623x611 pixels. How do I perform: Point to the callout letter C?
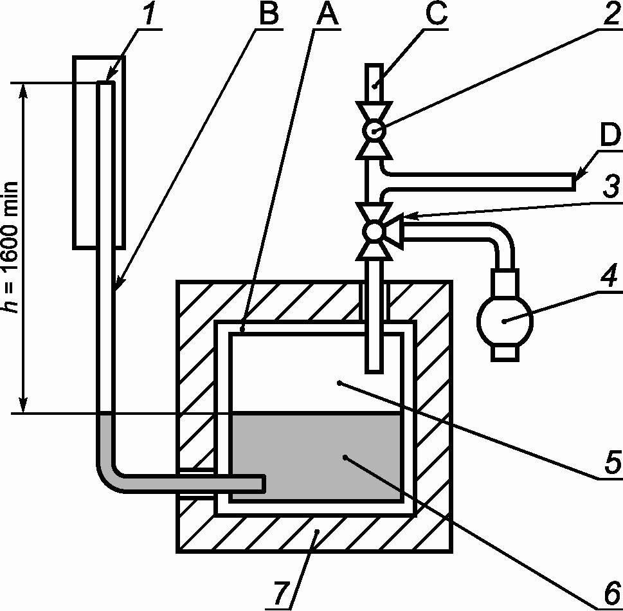(435, 14)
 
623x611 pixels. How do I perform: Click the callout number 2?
(609, 14)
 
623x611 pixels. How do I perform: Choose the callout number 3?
(609, 188)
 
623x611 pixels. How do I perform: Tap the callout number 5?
(609, 461)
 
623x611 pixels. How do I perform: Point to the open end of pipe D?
(573, 181)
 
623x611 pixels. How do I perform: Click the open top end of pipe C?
(374, 66)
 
